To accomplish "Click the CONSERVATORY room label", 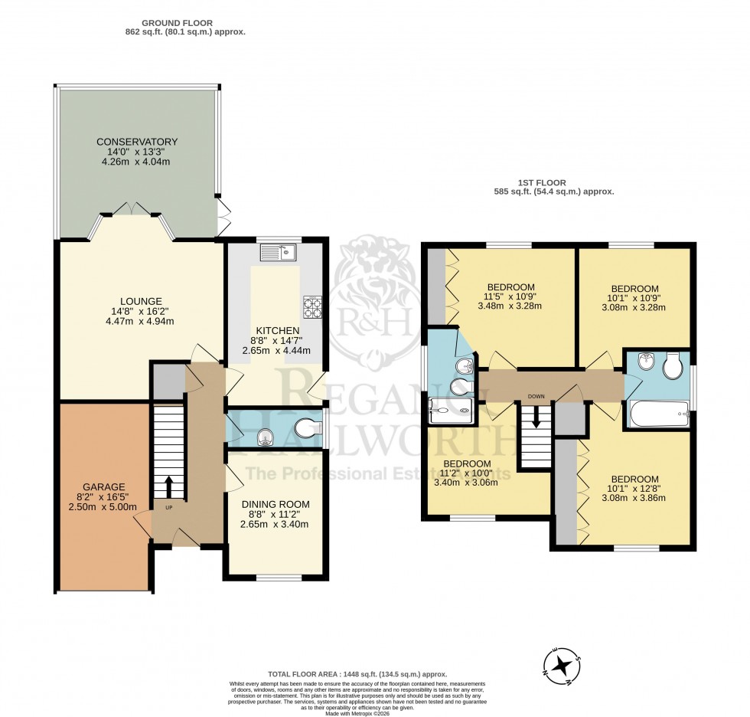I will click(137, 142).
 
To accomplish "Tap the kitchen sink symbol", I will click(277, 251).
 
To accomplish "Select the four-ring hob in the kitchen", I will click(313, 306).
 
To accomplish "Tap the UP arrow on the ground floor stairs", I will click(169, 486).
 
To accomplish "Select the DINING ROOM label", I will click(274, 503).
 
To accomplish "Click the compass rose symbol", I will click(563, 663).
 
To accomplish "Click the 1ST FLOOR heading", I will click(543, 183).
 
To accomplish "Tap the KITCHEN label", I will click(274, 331).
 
